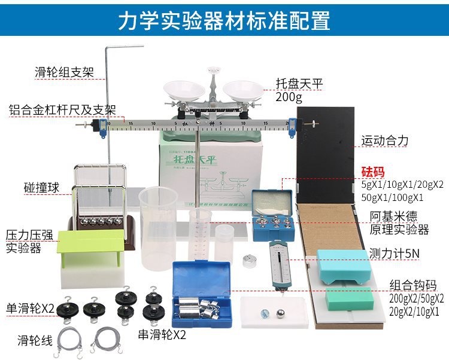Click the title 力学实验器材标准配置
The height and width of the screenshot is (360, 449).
[x=224, y=20]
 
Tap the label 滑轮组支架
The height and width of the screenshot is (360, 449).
[x=64, y=74]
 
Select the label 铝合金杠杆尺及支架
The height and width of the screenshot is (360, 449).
[x=62, y=110]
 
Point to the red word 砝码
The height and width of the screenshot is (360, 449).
[x=373, y=172]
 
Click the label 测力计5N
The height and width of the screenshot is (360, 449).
[x=395, y=253]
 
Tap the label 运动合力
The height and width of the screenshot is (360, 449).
[x=385, y=141]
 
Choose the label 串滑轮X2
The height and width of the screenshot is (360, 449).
[x=162, y=334]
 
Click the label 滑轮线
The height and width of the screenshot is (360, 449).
[x=35, y=341]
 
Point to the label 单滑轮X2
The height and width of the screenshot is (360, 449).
[x=31, y=309]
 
